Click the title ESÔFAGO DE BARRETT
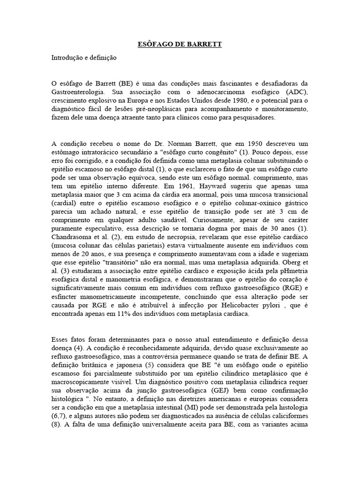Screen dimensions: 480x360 pos(180,45)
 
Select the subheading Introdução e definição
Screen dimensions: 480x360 pos(84,58)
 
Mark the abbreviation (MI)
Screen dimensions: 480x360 pos(187,413)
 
